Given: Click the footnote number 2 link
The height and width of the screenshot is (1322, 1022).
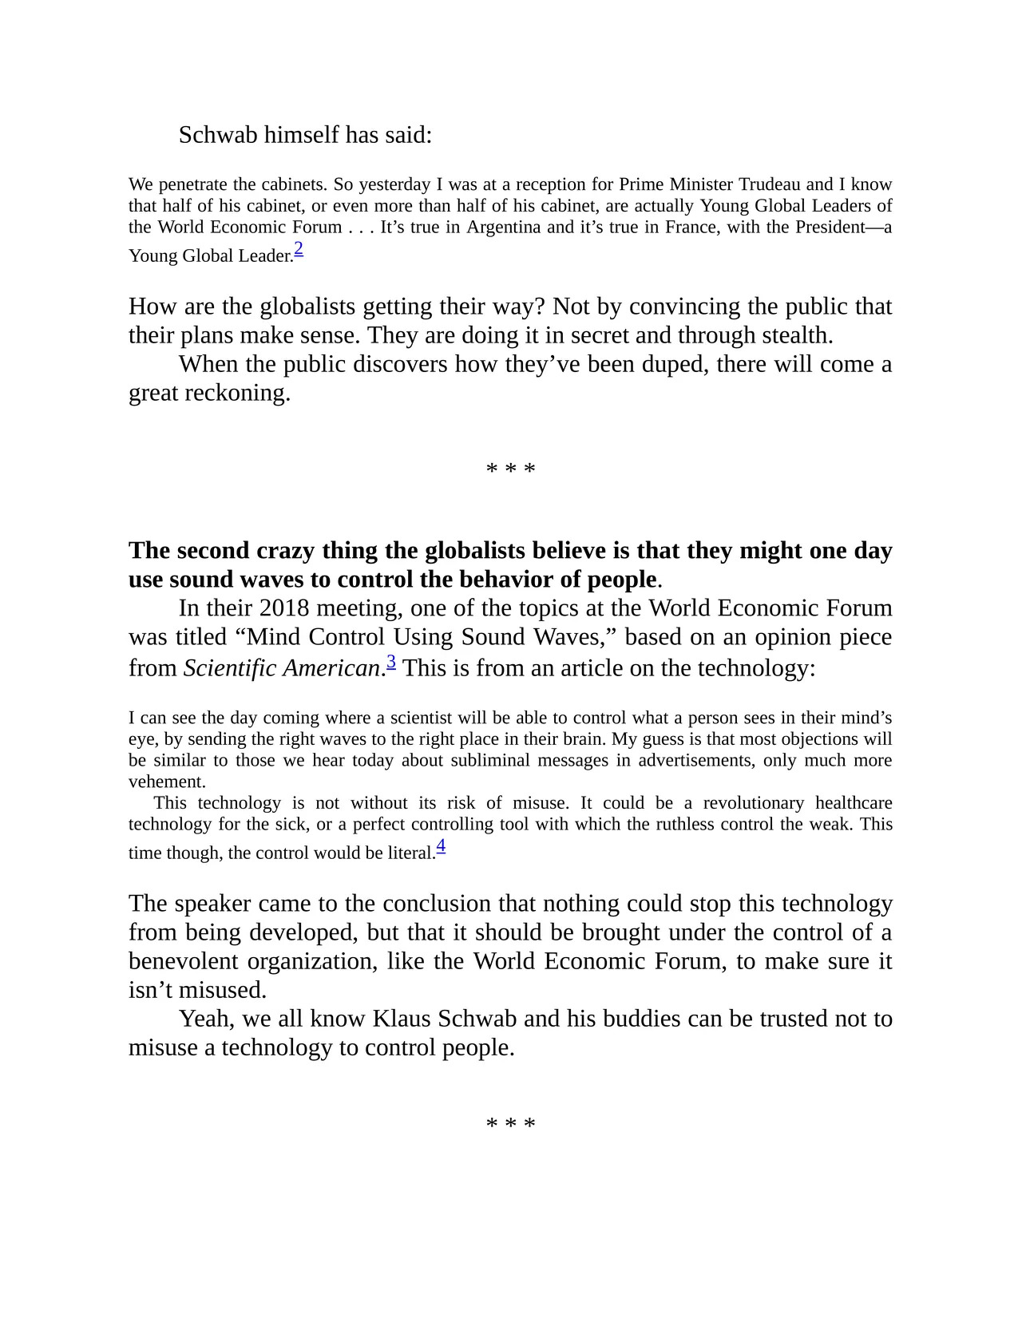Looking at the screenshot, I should [x=299, y=250].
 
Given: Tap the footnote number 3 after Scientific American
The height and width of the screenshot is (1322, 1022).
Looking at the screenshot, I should [x=391, y=662].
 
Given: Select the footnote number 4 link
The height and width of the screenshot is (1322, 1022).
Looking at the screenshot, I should [x=441, y=847].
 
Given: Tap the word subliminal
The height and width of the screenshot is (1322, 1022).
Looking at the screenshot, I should [x=489, y=760].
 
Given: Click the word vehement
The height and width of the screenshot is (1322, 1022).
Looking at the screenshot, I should [x=167, y=782].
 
